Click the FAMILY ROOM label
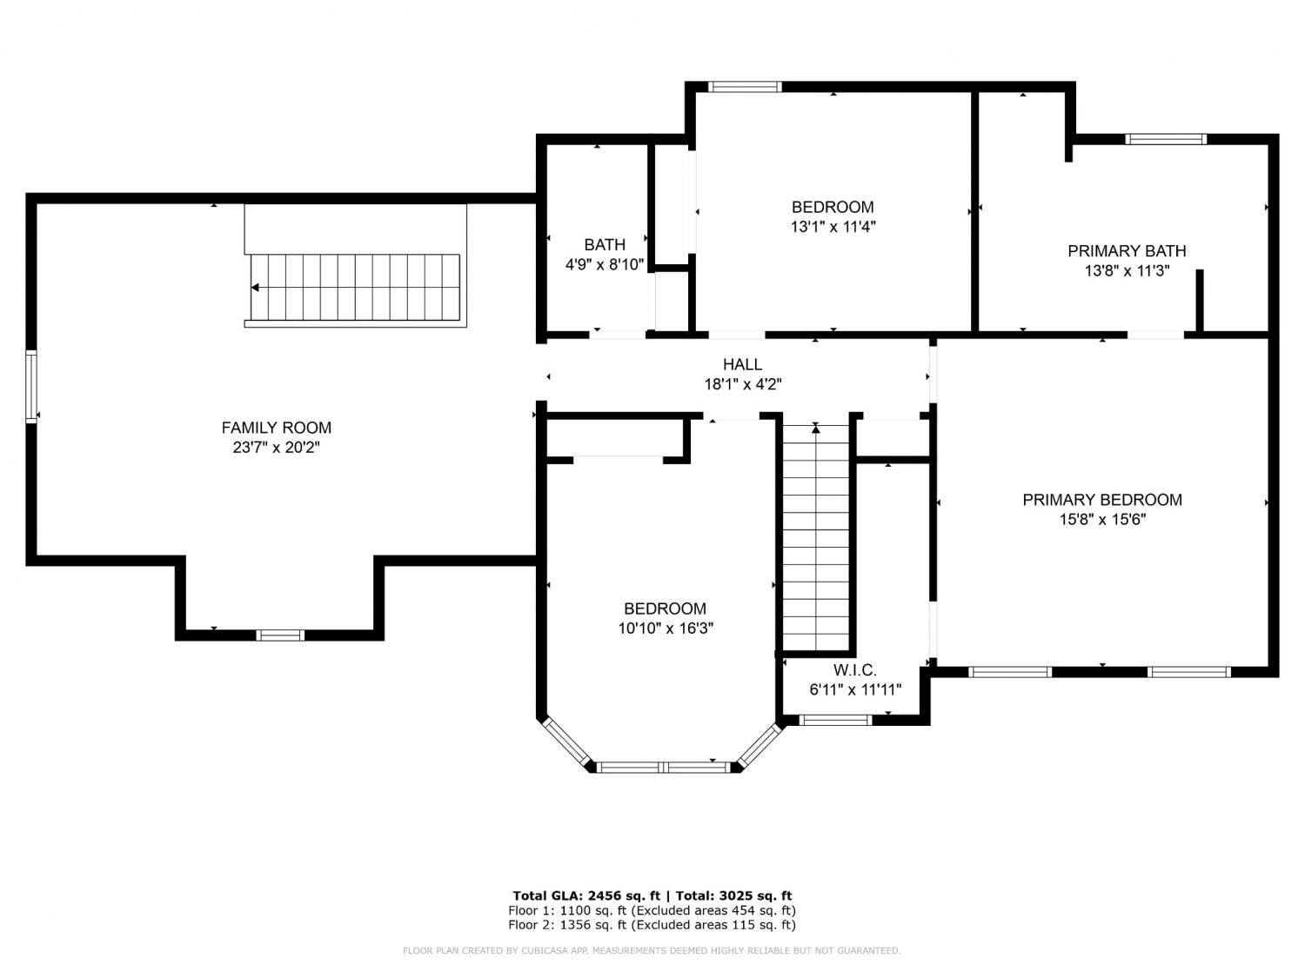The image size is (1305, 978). pos(277,428)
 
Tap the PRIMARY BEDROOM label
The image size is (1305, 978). pos(1102,500)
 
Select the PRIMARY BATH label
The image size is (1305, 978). pos(1127,251)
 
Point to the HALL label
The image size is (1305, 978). pos(743,364)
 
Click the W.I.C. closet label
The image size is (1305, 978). pos(855,670)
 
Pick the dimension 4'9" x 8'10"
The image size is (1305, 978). pos(605,264)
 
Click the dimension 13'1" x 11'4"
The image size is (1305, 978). pos(833,227)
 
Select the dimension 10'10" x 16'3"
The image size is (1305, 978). pos(666,629)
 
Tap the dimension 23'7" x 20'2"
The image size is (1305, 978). pos(277,447)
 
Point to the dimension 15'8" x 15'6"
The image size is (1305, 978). pos(1102,520)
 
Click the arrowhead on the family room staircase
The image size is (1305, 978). pos(255,288)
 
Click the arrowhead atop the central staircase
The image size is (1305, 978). pos(816,429)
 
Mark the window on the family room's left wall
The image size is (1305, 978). pos(31,387)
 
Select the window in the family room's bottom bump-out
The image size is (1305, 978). pos(280,635)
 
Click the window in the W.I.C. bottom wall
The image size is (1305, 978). pos(835,721)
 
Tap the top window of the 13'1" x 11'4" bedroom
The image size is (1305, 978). pos(745,87)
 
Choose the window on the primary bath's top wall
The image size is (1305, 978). pos(1165,140)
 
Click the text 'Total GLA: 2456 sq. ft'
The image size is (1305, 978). pos(586,896)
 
